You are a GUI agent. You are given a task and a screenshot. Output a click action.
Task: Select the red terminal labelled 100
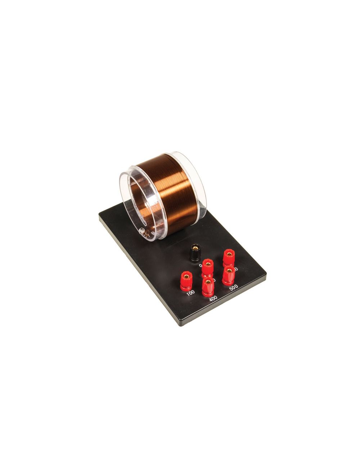186,281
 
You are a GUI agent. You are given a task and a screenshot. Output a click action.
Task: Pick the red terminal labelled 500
228,275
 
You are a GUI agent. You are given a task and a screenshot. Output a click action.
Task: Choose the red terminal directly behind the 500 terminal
228,258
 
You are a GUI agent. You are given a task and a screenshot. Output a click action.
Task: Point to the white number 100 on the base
191,293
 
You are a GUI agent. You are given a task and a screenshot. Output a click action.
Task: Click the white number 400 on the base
213,298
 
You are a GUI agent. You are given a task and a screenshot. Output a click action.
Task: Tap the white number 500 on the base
233,288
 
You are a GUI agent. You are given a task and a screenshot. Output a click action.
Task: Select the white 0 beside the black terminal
200,266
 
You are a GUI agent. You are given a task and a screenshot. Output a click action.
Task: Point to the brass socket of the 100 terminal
186,276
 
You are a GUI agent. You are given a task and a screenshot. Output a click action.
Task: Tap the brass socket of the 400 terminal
208,281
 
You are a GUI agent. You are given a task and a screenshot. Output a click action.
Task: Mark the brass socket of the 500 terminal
228,269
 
